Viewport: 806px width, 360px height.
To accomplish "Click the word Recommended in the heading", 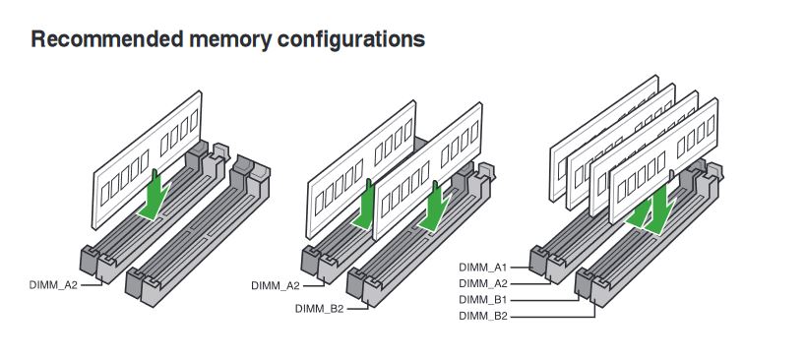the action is click(x=107, y=39).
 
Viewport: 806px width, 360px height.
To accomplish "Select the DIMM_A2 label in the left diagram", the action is click(x=53, y=285).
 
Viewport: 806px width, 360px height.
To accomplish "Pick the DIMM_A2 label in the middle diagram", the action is click(x=276, y=286).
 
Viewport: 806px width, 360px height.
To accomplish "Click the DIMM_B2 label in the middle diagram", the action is click(x=319, y=309).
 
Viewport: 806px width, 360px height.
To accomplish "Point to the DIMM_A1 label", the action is click(x=483, y=267).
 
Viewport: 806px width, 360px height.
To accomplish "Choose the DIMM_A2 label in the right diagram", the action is click(x=483, y=283).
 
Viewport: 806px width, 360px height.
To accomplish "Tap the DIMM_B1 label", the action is click(x=483, y=300).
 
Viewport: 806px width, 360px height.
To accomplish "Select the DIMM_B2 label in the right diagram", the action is click(x=483, y=317).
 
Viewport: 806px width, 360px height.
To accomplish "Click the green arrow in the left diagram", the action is click(x=155, y=195).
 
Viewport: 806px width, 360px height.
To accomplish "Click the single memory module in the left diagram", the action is click(x=147, y=159).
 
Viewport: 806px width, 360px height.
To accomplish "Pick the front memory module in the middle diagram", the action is click(x=428, y=170).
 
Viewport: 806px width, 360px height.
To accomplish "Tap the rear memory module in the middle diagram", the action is click(x=361, y=169).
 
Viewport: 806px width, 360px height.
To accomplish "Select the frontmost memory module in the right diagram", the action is click(x=663, y=160).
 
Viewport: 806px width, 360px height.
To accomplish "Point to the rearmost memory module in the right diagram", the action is click(x=604, y=138).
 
